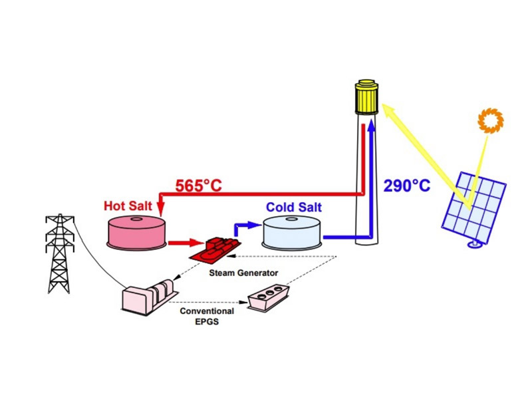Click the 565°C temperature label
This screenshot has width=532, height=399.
[x=198, y=186]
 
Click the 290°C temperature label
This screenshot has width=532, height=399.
[x=406, y=185]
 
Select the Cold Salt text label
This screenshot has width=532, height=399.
[x=293, y=207]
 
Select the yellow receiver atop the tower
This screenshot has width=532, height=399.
[x=366, y=98]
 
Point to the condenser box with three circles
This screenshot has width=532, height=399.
[x=268, y=301]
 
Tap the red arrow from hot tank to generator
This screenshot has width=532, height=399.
[x=182, y=242]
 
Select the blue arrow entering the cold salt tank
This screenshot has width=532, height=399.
[x=247, y=225]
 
